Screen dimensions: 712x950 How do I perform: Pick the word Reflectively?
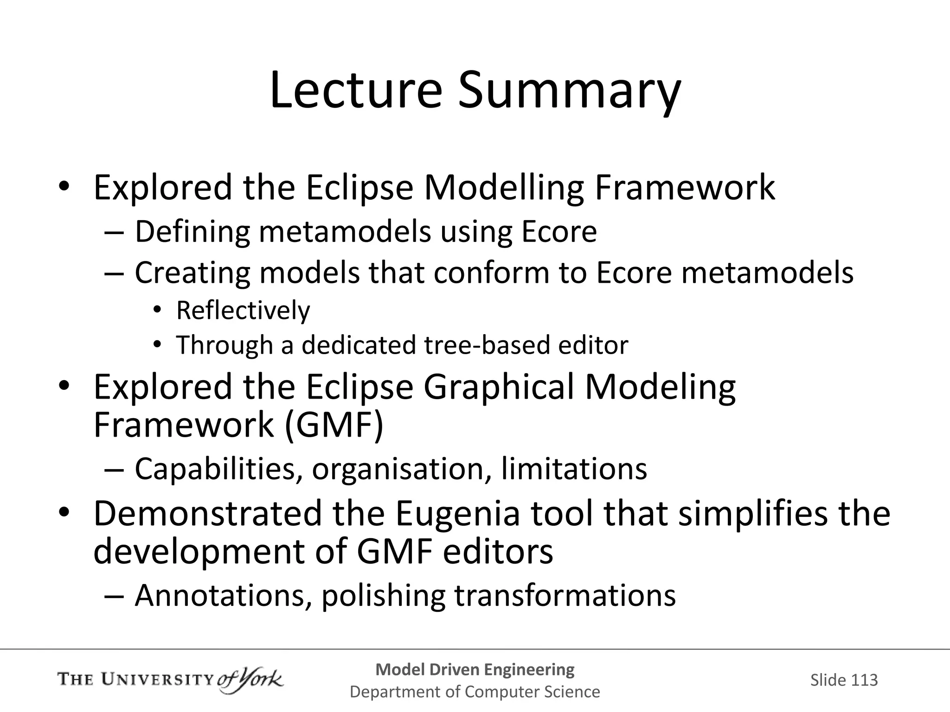coord(243,311)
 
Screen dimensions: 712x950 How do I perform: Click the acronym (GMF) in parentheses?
coord(334,425)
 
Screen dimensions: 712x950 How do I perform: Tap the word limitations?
coord(574,469)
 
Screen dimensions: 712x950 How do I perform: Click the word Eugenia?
coord(457,514)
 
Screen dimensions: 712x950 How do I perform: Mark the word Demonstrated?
coord(207,514)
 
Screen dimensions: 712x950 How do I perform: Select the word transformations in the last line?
coord(565,596)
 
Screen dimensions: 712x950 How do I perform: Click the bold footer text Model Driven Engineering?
coord(475,669)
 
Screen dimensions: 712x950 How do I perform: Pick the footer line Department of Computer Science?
coord(475,692)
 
